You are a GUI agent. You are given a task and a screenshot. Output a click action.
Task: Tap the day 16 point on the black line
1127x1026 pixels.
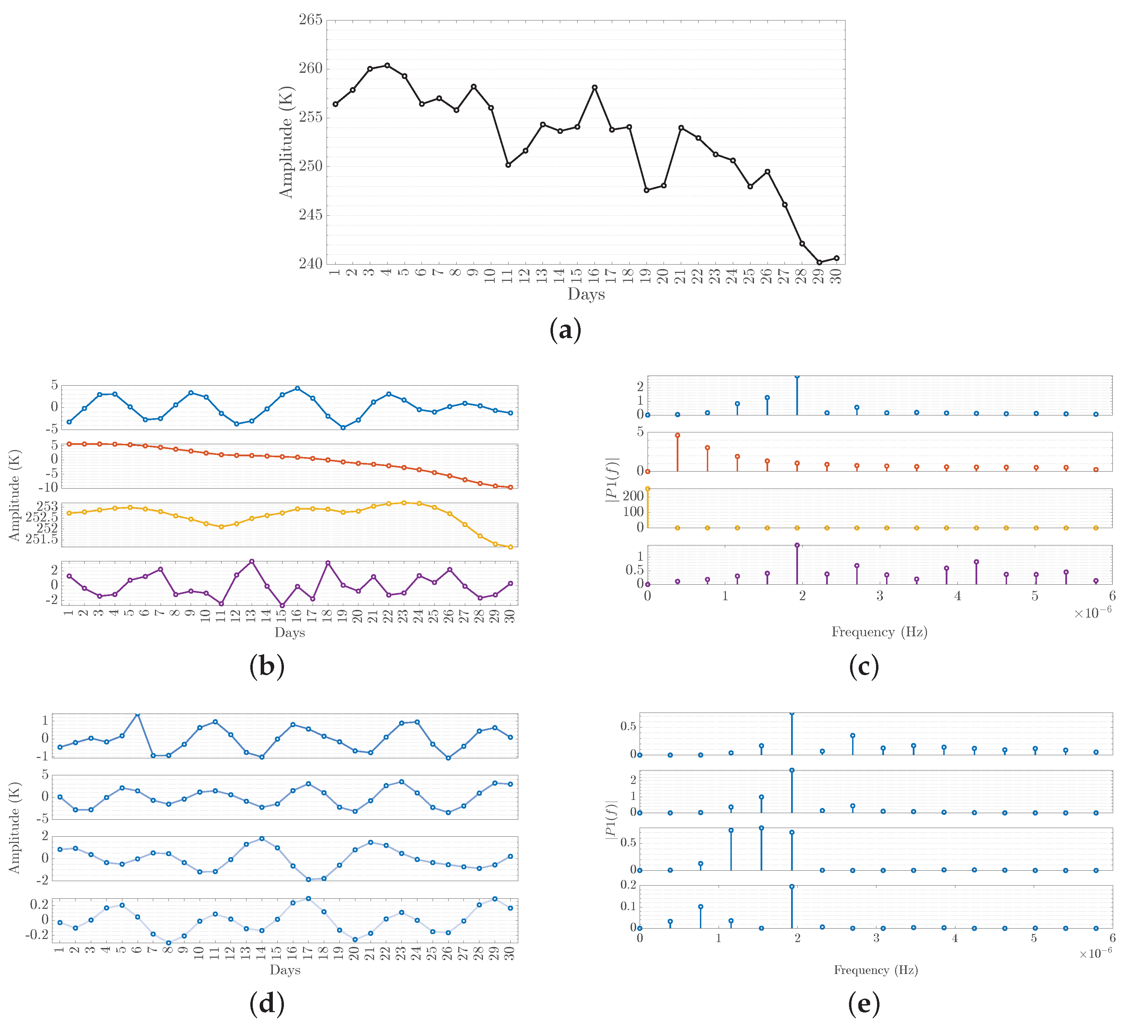595,87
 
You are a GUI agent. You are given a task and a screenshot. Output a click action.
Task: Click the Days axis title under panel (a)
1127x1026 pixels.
586,294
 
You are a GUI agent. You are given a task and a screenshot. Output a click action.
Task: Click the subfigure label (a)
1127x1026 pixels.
565,330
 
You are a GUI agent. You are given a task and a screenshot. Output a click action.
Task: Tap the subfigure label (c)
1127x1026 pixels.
864,666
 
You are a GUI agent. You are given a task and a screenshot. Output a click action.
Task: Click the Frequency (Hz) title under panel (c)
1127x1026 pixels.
879,632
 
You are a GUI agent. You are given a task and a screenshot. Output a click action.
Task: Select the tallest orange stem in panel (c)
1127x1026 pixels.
677,436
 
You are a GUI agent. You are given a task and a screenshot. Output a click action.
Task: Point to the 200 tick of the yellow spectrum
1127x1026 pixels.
633,497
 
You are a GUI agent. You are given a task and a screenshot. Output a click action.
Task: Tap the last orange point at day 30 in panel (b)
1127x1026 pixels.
510,488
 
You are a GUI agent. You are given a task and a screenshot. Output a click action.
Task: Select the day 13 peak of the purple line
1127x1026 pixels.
252,561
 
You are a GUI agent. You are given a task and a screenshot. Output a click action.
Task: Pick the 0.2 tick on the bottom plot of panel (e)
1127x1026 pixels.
629,885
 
